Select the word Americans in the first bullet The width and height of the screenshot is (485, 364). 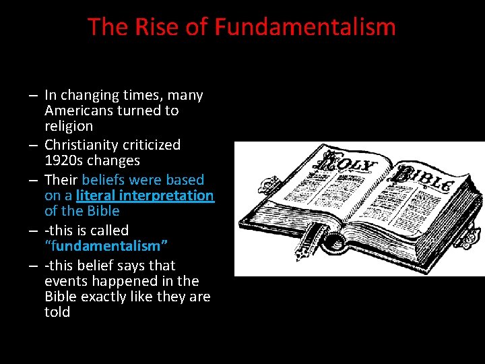78,111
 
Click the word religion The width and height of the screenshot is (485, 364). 69,126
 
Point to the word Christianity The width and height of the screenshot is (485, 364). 84,144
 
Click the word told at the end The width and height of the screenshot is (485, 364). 57,312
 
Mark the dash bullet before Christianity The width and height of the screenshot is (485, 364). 32,145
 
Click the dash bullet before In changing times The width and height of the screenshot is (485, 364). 32,96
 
